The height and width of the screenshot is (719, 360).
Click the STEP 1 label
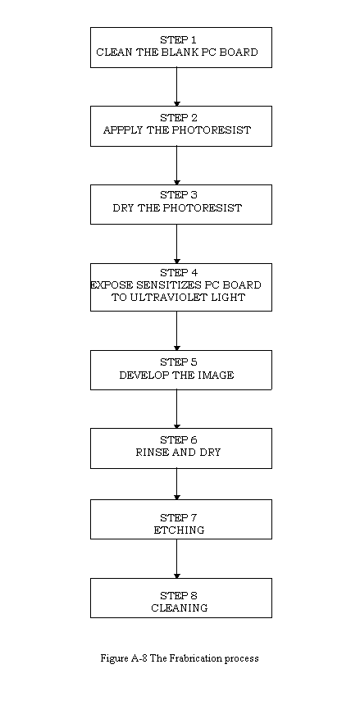coord(179,40)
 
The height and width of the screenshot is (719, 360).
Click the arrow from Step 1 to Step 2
coord(176,87)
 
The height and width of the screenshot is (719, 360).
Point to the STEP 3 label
coord(179,195)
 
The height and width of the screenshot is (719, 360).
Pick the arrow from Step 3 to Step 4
coord(176,244)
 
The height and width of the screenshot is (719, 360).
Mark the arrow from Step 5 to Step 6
coord(176,409)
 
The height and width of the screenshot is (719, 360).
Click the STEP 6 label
coord(179,440)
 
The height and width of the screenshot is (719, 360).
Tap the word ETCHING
coord(179,530)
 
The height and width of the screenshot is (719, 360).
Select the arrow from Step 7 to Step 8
coord(176,558)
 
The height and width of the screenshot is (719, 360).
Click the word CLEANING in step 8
coord(180,608)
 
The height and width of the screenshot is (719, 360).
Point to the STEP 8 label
coord(179,596)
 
